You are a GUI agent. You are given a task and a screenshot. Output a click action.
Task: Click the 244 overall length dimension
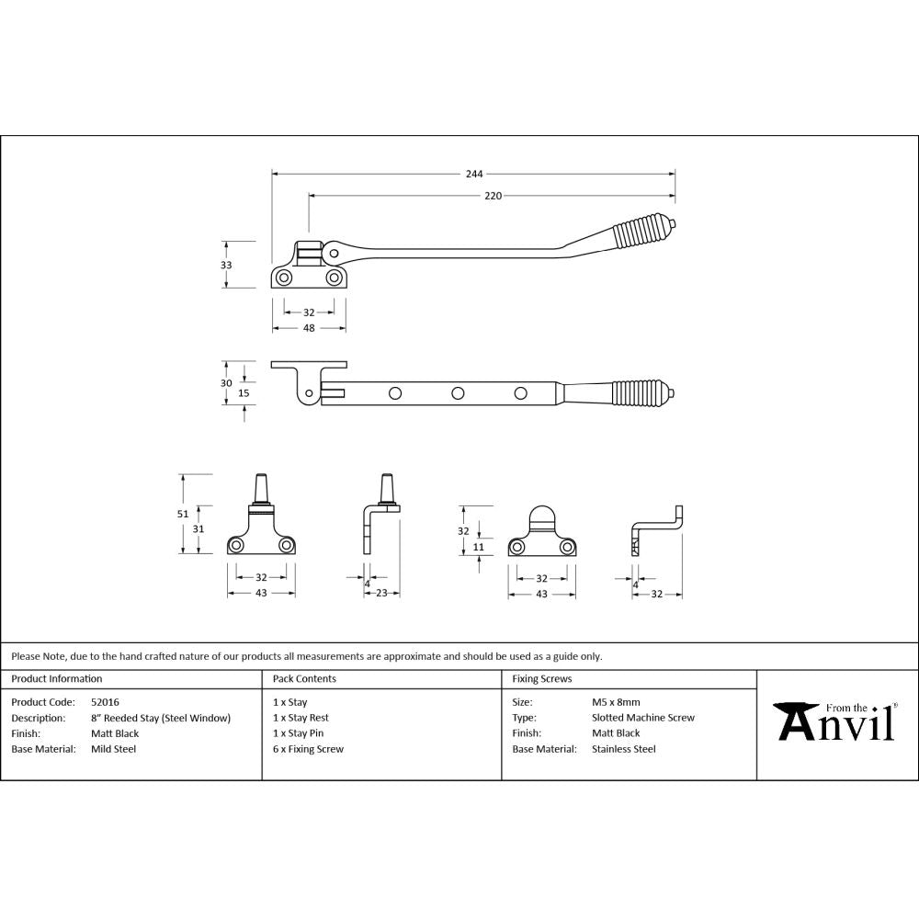[x=473, y=173]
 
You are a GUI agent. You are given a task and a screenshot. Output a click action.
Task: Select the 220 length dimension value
[x=493, y=196]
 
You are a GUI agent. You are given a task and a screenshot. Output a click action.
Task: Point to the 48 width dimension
[x=309, y=327]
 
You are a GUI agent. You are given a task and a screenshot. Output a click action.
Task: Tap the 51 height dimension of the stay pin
[x=183, y=514]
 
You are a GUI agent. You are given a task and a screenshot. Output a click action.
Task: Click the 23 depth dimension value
[x=381, y=594]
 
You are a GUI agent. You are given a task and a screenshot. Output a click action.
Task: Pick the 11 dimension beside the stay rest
[x=478, y=547]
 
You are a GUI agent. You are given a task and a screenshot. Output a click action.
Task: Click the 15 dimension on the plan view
[x=244, y=392]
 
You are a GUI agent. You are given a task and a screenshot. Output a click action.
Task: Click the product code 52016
[x=105, y=702]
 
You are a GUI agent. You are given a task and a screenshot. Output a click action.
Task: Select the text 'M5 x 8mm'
[x=618, y=702]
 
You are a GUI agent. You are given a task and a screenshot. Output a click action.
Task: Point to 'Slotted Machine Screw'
[x=643, y=718]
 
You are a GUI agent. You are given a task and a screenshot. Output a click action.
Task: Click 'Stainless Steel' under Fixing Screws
[x=624, y=749]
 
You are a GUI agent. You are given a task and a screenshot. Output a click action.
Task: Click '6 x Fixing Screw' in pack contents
[x=308, y=749]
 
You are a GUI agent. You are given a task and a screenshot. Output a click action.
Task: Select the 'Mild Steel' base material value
[x=113, y=749]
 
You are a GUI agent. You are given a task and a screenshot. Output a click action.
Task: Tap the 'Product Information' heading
[x=57, y=679]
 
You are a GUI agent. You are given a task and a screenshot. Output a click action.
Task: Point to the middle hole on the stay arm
[x=457, y=393]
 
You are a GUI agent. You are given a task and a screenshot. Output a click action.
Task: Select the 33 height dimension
[x=226, y=265]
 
